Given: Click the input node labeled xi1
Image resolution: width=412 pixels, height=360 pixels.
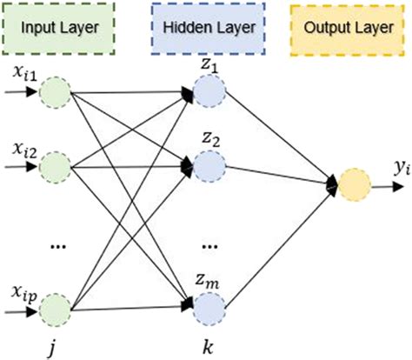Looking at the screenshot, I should coord(55,92).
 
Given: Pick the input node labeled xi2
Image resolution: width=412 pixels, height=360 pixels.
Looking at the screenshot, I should coord(55,164).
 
